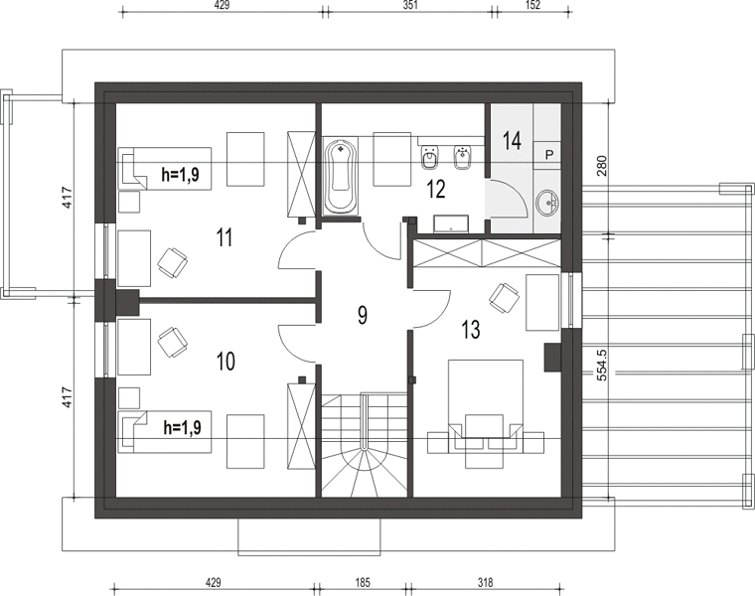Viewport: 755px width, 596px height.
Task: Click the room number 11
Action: [225, 237]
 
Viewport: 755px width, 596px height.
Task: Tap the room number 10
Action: [226, 361]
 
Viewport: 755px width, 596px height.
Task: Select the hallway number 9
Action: [363, 315]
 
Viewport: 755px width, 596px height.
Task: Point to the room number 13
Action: [471, 330]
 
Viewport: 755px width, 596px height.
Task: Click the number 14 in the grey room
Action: [512, 141]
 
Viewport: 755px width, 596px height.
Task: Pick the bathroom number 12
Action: [436, 189]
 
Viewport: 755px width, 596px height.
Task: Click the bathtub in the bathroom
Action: [342, 176]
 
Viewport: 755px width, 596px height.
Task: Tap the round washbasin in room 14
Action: [548, 202]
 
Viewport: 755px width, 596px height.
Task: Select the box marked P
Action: [549, 155]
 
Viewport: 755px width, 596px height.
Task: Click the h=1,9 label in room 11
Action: [181, 175]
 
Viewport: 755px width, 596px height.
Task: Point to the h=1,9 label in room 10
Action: [183, 427]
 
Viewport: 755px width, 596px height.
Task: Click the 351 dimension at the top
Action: [409, 5]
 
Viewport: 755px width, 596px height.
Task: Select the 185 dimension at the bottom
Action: [362, 583]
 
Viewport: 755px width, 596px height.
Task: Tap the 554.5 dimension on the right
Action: [602, 365]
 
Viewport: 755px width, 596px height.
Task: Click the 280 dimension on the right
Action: [602, 166]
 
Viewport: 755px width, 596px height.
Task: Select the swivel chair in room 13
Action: [504, 298]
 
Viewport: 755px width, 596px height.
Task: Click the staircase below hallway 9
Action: [365, 445]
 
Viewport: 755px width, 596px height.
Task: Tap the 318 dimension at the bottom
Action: [486, 583]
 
